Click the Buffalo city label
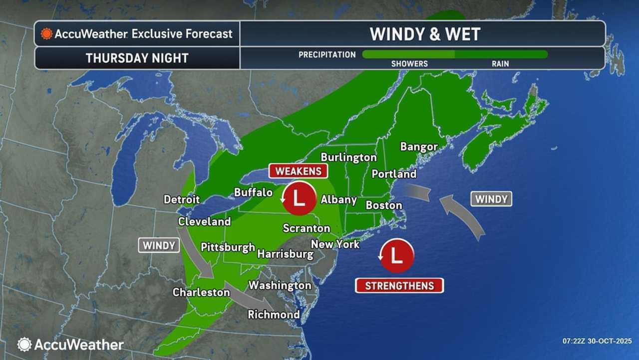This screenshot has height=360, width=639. [253, 192]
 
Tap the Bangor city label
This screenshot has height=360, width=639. [419, 147]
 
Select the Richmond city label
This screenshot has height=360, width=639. [274, 314]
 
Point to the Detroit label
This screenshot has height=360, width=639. [182, 199]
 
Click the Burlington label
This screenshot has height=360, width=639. [348, 157]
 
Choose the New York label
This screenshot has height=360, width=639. [335, 244]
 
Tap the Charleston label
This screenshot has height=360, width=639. [201, 292]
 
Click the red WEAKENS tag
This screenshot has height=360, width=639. [298, 171]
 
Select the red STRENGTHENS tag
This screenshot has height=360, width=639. [399, 286]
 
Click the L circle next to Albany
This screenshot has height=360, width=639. [298, 198]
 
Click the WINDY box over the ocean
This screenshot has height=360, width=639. [491, 199]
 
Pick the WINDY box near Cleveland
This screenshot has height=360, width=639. [159, 245]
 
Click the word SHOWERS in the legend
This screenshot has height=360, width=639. [409, 64]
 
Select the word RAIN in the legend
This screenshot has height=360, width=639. [500, 64]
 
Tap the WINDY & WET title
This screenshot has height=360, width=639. [425, 34]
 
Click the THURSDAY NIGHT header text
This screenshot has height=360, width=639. [137, 58]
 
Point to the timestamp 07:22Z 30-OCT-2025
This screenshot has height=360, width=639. [597, 341]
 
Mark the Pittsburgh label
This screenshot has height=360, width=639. [228, 247]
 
